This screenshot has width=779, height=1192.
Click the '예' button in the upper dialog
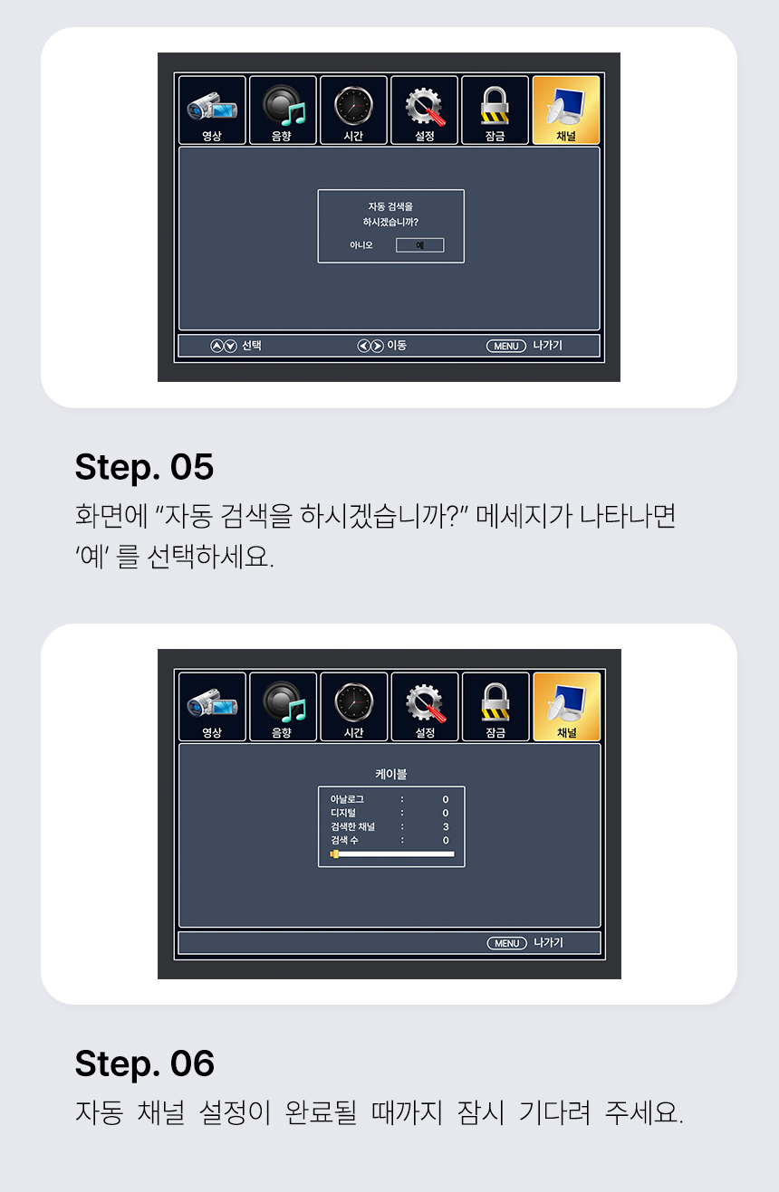coord(419,244)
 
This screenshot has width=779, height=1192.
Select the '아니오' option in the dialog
coord(361,244)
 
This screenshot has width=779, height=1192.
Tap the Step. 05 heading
coord(144,467)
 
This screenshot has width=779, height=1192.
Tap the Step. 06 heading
coord(144,1063)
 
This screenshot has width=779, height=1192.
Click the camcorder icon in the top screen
coord(212,105)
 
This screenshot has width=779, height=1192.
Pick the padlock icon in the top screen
coord(495,105)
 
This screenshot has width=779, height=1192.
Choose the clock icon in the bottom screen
coord(353,702)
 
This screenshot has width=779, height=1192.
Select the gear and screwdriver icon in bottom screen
coord(425,703)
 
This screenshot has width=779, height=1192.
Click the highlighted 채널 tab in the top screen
coord(566,110)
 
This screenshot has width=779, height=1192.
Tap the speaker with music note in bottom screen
coord(284,702)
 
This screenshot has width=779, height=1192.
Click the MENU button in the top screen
coord(505,346)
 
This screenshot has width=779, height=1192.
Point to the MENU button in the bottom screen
coord(506,943)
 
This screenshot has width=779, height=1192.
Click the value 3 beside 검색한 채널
coord(446,826)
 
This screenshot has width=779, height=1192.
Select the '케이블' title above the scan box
coord(390,774)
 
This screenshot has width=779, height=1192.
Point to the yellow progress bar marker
coord(334,854)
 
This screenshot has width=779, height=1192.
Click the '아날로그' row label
coord(347,799)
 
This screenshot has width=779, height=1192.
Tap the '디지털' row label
coord(343,813)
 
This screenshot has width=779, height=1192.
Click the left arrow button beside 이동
coord(363,346)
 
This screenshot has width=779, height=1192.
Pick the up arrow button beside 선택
coord(216,346)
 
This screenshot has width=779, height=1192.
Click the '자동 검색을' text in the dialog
coord(390,206)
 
